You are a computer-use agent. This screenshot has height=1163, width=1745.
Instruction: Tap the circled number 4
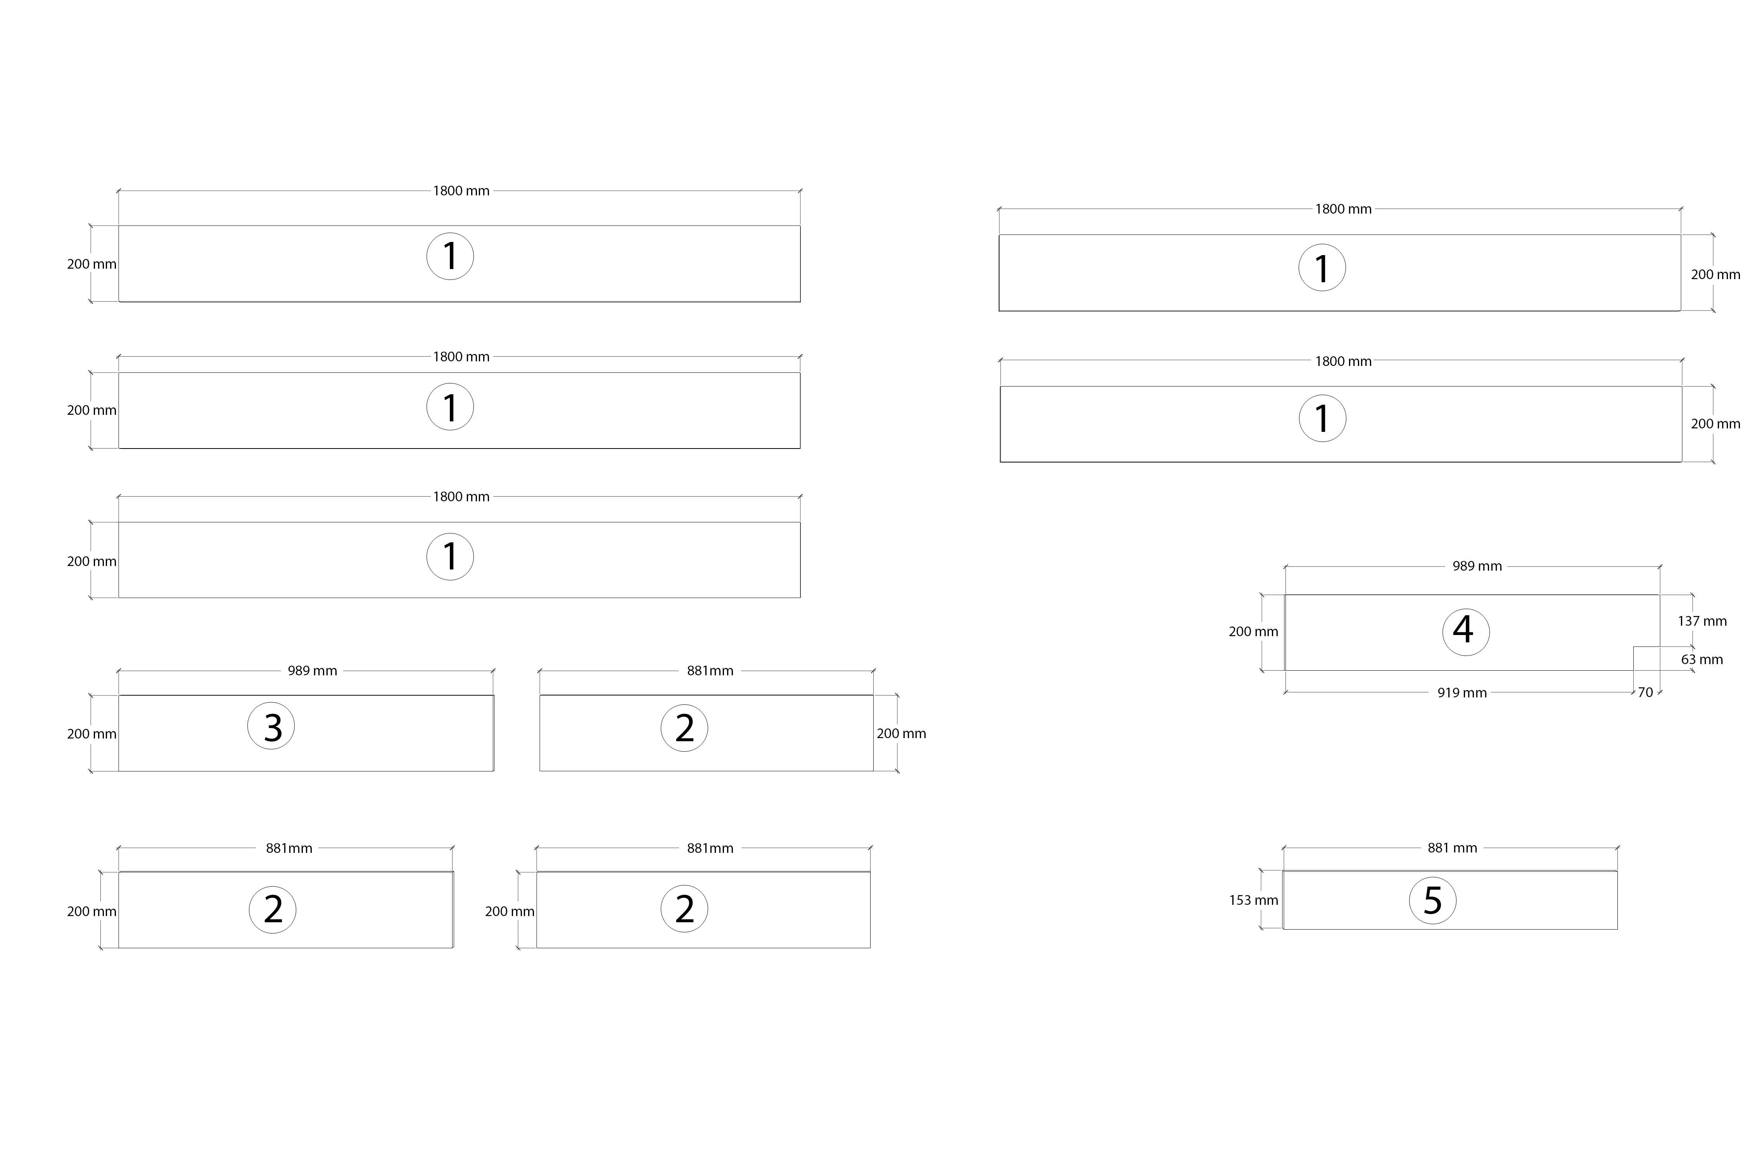tap(1465, 632)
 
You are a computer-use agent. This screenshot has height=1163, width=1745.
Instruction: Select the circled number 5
tap(1433, 901)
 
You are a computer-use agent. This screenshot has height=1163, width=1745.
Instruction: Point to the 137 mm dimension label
tap(1702, 621)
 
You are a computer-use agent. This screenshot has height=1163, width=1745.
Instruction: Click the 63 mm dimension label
tap(1702, 659)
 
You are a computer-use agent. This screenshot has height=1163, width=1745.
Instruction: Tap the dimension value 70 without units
tap(1646, 692)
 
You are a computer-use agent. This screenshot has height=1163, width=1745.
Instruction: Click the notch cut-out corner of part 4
tap(1634, 647)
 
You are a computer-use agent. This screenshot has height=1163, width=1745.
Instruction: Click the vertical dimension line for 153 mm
tap(1261, 900)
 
